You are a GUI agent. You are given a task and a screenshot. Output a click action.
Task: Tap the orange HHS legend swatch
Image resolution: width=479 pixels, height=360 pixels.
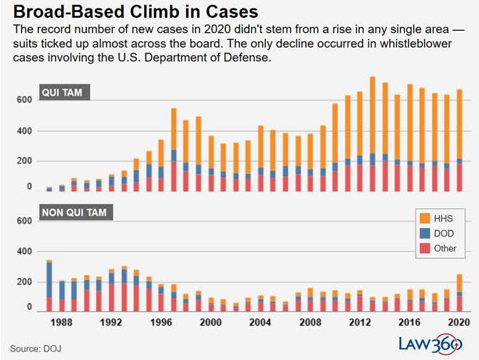tap(425, 217)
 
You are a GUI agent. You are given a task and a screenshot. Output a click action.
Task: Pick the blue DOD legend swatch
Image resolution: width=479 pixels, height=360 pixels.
tap(425, 233)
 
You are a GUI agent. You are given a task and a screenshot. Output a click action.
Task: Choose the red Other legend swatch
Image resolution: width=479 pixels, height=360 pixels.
tap(425, 249)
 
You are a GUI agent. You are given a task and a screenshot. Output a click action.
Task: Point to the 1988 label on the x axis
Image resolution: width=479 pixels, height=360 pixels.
tap(61, 323)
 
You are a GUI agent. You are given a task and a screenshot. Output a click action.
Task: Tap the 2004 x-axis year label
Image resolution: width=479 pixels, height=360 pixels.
tap(261, 323)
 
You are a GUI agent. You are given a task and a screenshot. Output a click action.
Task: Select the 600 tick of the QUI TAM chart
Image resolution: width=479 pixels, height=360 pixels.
tap(25, 101)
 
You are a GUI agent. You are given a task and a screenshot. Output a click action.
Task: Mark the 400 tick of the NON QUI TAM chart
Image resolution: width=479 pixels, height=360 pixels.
tap(25, 252)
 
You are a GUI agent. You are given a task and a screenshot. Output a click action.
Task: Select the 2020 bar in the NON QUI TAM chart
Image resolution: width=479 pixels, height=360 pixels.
tap(459, 293)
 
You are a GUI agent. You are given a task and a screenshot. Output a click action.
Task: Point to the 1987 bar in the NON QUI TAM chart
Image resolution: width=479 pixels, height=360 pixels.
tap(48, 285)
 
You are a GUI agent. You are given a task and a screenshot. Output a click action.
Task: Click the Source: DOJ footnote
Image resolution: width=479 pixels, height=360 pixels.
tap(34, 348)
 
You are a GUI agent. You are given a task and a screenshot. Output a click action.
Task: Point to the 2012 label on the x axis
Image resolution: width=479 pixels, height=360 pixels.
tap(360, 323)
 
